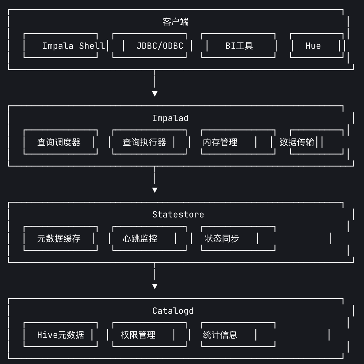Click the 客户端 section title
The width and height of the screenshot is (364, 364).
pyautogui.click(x=176, y=22)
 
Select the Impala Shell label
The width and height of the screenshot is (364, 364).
pyautogui.click(x=74, y=46)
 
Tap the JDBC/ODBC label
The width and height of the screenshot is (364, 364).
pyautogui.click(x=160, y=46)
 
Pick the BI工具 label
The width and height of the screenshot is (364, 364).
pyautogui.click(x=239, y=46)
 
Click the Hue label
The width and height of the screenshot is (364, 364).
pyautogui.click(x=313, y=46)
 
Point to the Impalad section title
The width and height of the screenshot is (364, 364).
pyautogui.click(x=170, y=118)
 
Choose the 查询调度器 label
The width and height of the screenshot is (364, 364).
pyautogui.click(x=59, y=142)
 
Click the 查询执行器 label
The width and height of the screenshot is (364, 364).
pyautogui.click(x=144, y=142)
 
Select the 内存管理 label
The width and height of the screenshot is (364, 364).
pyautogui.click(x=220, y=142)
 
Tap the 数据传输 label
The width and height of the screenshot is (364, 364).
pyautogui.click(x=297, y=142)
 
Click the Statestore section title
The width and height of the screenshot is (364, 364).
pyautogui.click(x=178, y=214)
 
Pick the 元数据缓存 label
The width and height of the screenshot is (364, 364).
pyautogui.click(x=59, y=239)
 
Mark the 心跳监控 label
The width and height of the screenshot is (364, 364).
pyautogui.click(x=140, y=239)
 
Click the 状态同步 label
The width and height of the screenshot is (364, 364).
pyautogui.click(x=222, y=239)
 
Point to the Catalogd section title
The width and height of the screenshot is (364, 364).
pyautogui.click(x=173, y=311)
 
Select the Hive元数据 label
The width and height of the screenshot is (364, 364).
pyautogui.click(x=60, y=335)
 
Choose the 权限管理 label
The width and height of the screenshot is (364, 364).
pyautogui.click(x=138, y=335)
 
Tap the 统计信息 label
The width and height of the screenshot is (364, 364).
pyautogui.click(x=220, y=335)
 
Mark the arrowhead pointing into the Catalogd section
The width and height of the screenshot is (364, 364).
pyautogui.click(x=155, y=286)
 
